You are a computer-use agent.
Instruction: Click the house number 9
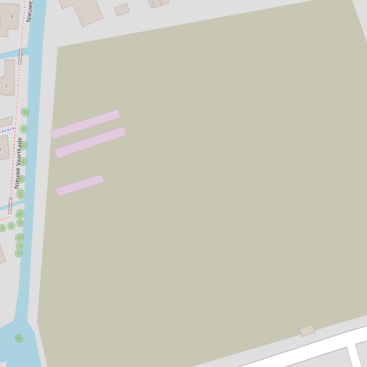(x=11, y=17)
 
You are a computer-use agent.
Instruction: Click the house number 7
(x=6, y=86)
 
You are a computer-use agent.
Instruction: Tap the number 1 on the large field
(x=278, y=217)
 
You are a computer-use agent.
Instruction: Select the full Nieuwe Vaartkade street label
(x=19, y=163)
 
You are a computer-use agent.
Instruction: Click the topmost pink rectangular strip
(x=85, y=124)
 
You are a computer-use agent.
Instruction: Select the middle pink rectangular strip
(x=91, y=142)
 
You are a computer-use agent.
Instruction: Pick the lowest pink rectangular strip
(x=80, y=185)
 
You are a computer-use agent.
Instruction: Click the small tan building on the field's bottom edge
(x=307, y=330)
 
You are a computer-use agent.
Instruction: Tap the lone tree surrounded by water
(x=19, y=338)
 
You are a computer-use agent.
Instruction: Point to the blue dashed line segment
(x=7, y=130)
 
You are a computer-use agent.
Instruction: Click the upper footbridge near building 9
(x=20, y=56)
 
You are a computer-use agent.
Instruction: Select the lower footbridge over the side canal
(x=10, y=205)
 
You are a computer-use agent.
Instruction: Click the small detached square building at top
(x=122, y=10)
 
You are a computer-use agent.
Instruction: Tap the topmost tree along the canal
(x=25, y=112)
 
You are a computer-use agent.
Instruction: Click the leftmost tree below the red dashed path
(x=2, y=228)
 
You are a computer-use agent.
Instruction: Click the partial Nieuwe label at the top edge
(x=29, y=10)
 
